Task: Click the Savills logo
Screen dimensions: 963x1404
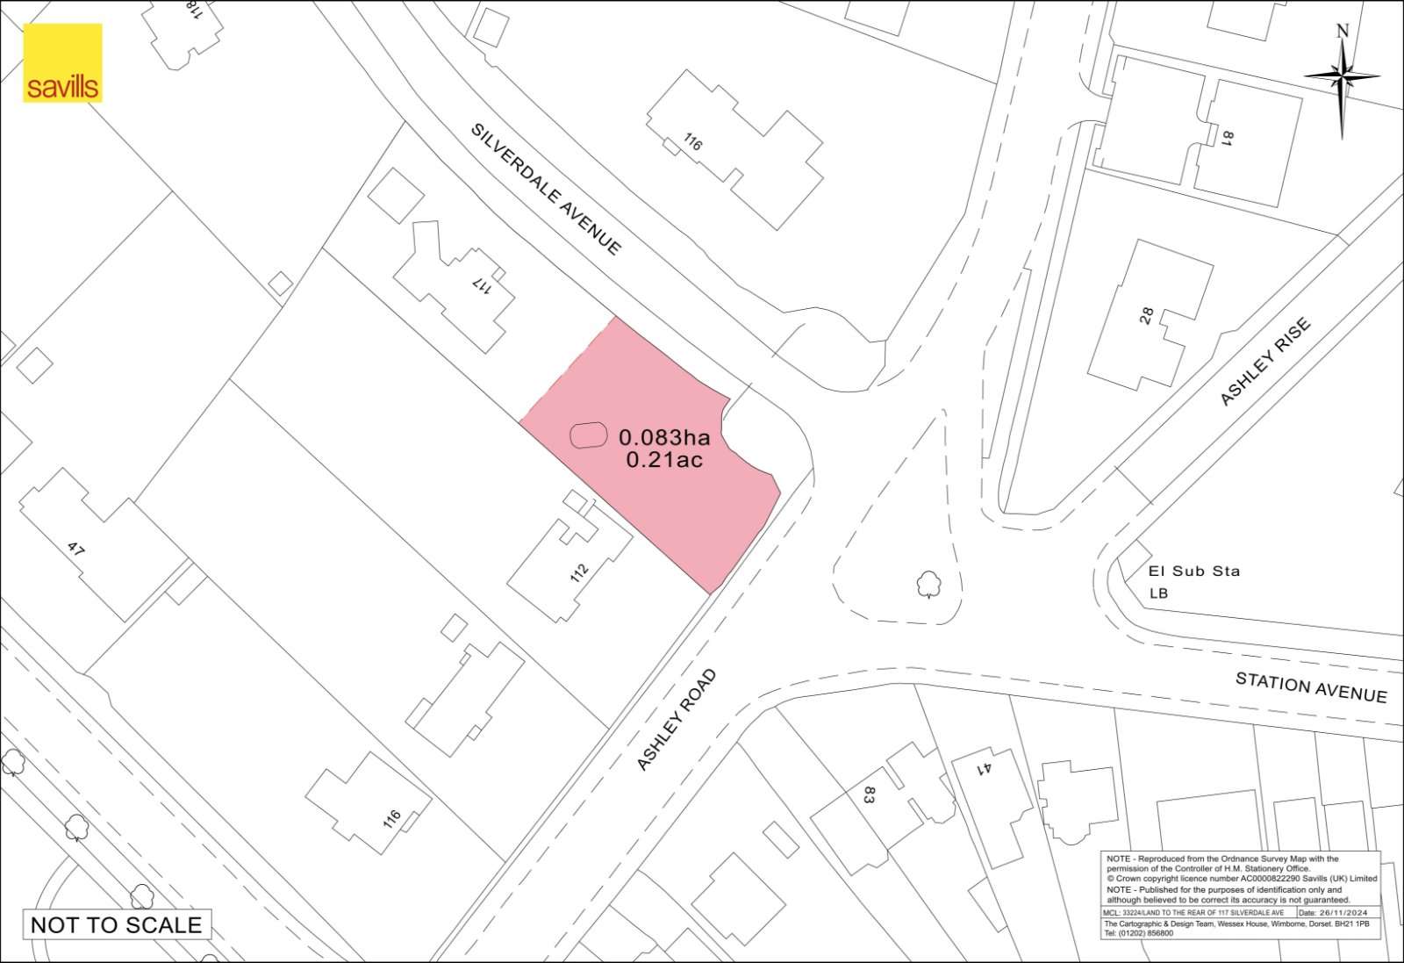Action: click(x=62, y=63)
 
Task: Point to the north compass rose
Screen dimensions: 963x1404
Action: click(x=1342, y=78)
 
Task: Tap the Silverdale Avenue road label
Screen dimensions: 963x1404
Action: click(x=546, y=189)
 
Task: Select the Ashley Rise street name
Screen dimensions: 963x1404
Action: click(x=1265, y=362)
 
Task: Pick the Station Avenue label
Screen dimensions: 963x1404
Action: click(x=1311, y=687)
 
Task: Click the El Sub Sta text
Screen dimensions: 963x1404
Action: click(x=1194, y=571)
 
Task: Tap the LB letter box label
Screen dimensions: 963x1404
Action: click(x=1158, y=593)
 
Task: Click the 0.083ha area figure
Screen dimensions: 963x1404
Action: click(x=664, y=436)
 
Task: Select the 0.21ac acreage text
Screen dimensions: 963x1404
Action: click(x=664, y=459)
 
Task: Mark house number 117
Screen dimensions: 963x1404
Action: click(x=482, y=285)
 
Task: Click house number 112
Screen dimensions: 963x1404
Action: click(x=579, y=572)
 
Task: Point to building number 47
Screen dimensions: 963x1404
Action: click(x=76, y=550)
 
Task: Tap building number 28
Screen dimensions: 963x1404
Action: click(x=1146, y=316)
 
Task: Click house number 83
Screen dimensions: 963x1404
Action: click(x=870, y=795)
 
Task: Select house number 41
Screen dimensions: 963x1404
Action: click(x=985, y=768)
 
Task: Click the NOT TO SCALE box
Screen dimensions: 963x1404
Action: click(x=117, y=924)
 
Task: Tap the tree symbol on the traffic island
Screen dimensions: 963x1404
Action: click(x=927, y=583)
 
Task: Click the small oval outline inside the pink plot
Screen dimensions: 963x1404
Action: click(x=589, y=435)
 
